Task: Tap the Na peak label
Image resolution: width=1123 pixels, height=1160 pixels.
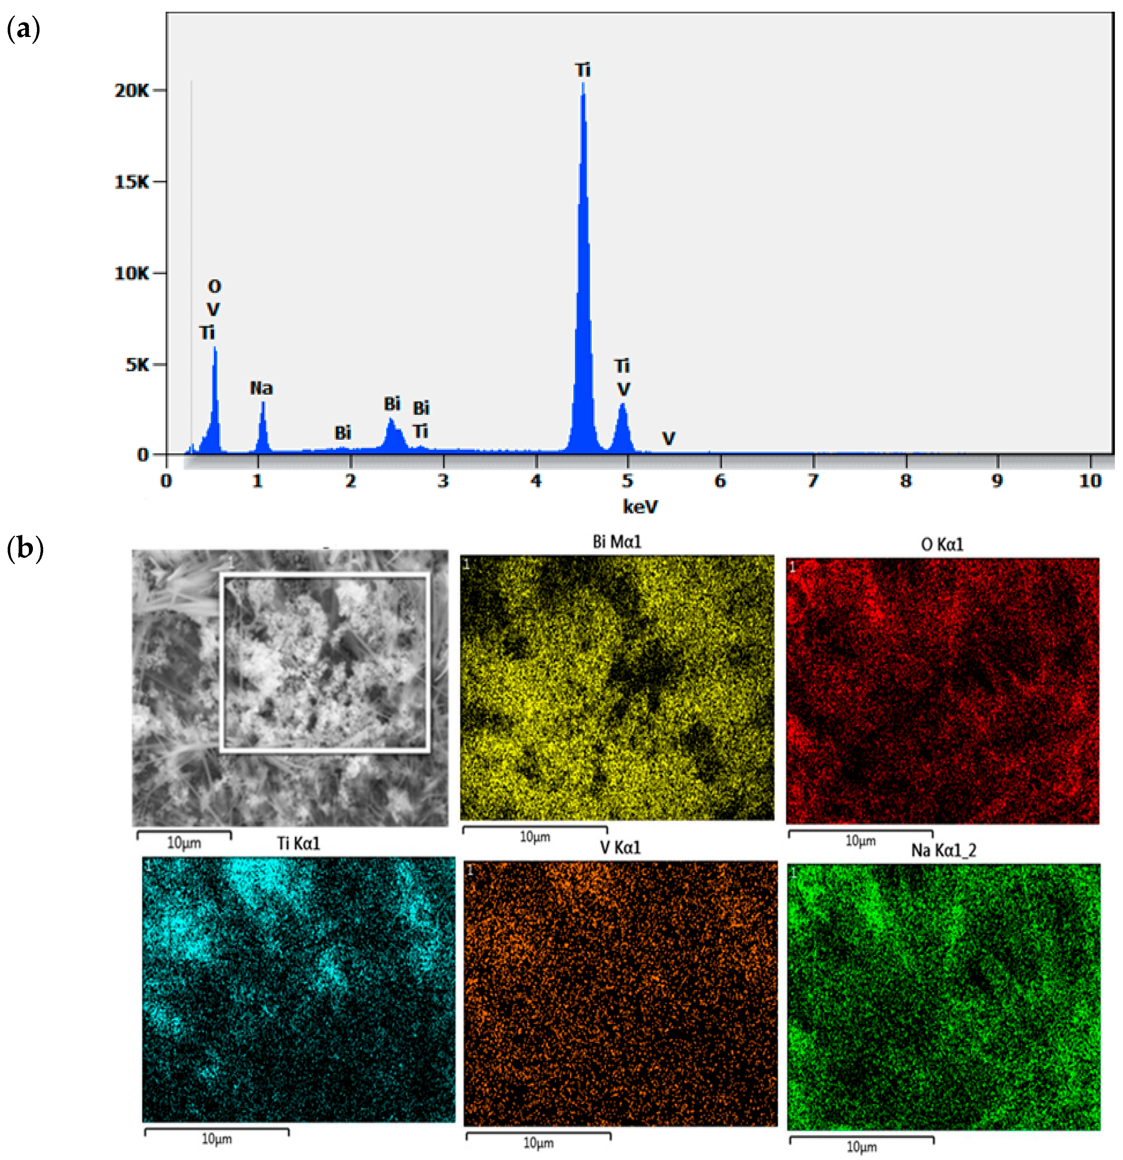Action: coord(261,388)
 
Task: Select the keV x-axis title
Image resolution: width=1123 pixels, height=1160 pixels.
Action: coord(640,507)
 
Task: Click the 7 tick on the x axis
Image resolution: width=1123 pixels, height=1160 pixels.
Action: coord(813,481)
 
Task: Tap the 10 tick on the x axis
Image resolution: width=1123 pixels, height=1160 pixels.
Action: coord(1090,481)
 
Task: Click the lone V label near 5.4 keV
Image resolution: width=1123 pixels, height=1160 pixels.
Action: coord(668,439)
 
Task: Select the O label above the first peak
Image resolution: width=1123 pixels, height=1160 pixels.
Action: coord(214,286)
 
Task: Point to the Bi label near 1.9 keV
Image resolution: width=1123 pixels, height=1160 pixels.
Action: coord(343,433)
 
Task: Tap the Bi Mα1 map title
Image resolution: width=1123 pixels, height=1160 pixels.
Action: coord(616,541)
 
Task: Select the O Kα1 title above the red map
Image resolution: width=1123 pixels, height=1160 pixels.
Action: coord(942,544)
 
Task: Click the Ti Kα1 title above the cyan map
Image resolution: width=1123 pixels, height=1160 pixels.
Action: coord(299,843)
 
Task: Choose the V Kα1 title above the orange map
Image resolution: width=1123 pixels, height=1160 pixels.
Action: coord(620,848)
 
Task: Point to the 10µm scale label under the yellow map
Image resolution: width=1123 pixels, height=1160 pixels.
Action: coord(535,837)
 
